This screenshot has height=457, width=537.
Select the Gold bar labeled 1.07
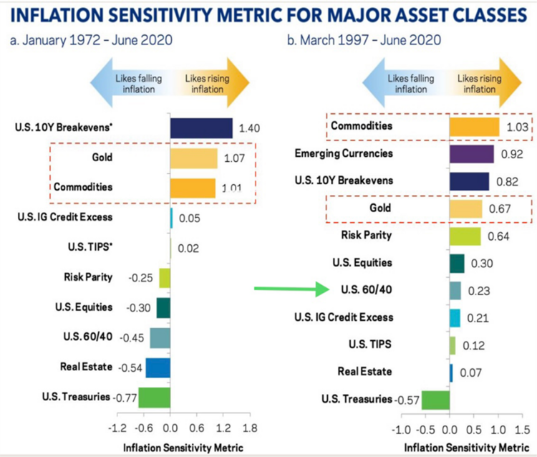click(x=193, y=158)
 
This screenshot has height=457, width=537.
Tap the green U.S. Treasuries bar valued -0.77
click(x=154, y=397)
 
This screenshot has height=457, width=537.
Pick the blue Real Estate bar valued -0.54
click(x=158, y=367)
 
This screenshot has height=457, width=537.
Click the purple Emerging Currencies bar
click(x=472, y=154)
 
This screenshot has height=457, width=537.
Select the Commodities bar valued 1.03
click(x=474, y=127)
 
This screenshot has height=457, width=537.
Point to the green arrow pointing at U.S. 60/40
click(x=286, y=289)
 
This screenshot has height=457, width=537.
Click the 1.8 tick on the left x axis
click(x=250, y=428)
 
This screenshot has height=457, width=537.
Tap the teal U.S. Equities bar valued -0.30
click(x=163, y=307)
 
